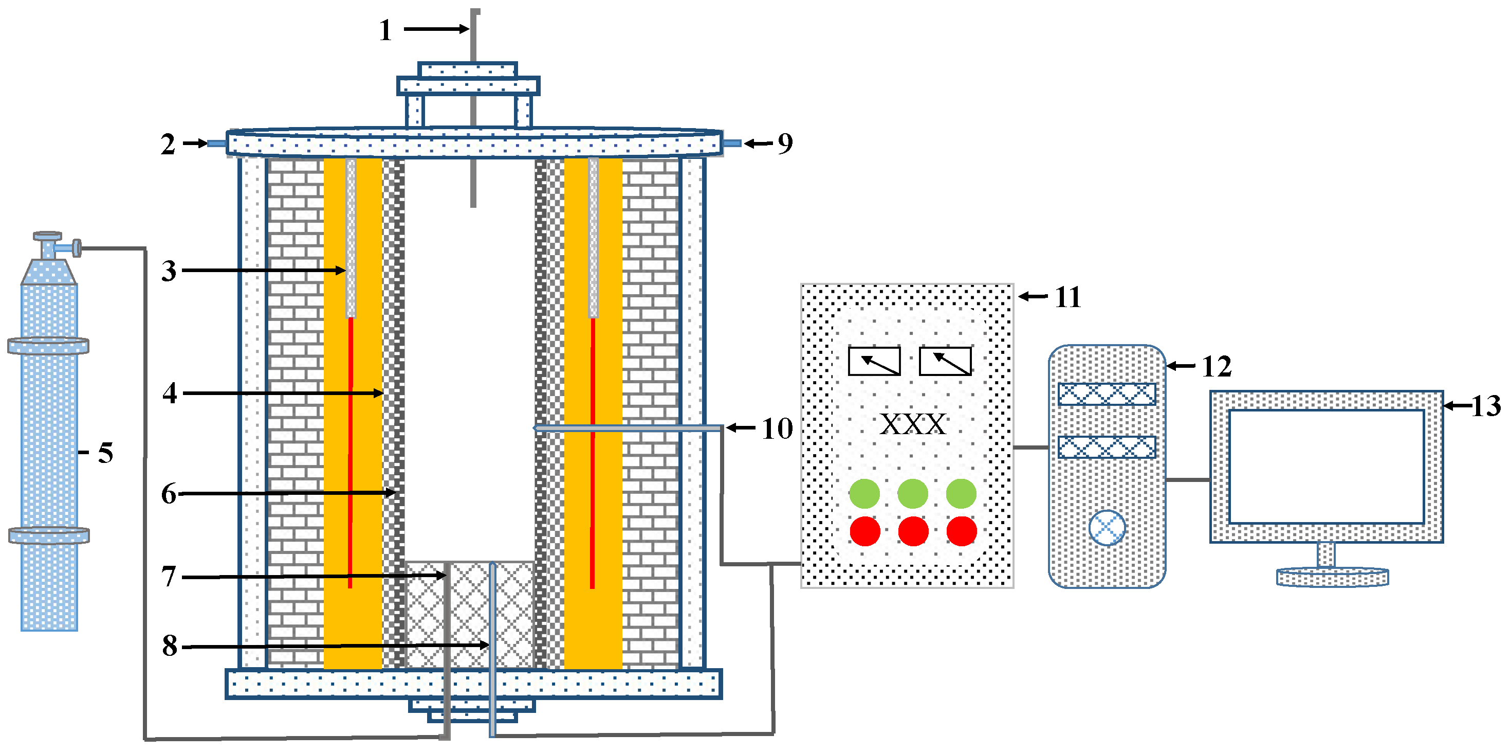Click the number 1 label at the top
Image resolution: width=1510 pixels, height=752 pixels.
tap(385, 30)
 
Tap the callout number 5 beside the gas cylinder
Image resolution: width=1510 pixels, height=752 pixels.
tap(105, 453)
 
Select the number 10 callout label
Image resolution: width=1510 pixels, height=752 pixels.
tap(777, 429)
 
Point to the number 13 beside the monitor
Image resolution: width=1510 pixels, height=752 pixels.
tap(1486, 406)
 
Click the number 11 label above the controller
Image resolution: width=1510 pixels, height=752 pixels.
tap(1068, 297)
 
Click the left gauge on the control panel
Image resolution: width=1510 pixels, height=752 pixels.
tap(874, 361)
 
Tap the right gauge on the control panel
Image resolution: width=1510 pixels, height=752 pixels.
tap(945, 361)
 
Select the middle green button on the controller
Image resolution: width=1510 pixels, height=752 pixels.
tap(913, 493)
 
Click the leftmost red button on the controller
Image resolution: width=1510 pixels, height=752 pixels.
tap(865, 531)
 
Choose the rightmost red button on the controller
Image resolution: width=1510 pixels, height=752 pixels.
tap(961, 531)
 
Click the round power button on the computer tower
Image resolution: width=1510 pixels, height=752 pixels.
tap(1107, 527)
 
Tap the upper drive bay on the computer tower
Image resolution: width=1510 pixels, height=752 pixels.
tap(1107, 394)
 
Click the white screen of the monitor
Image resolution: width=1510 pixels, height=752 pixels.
tap(1326, 467)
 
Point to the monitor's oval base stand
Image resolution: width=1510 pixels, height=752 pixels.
tap(1332, 577)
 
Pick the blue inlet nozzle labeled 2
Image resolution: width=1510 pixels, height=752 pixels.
tap(217, 143)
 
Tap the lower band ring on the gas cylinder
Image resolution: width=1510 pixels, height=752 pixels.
tap(49, 535)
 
